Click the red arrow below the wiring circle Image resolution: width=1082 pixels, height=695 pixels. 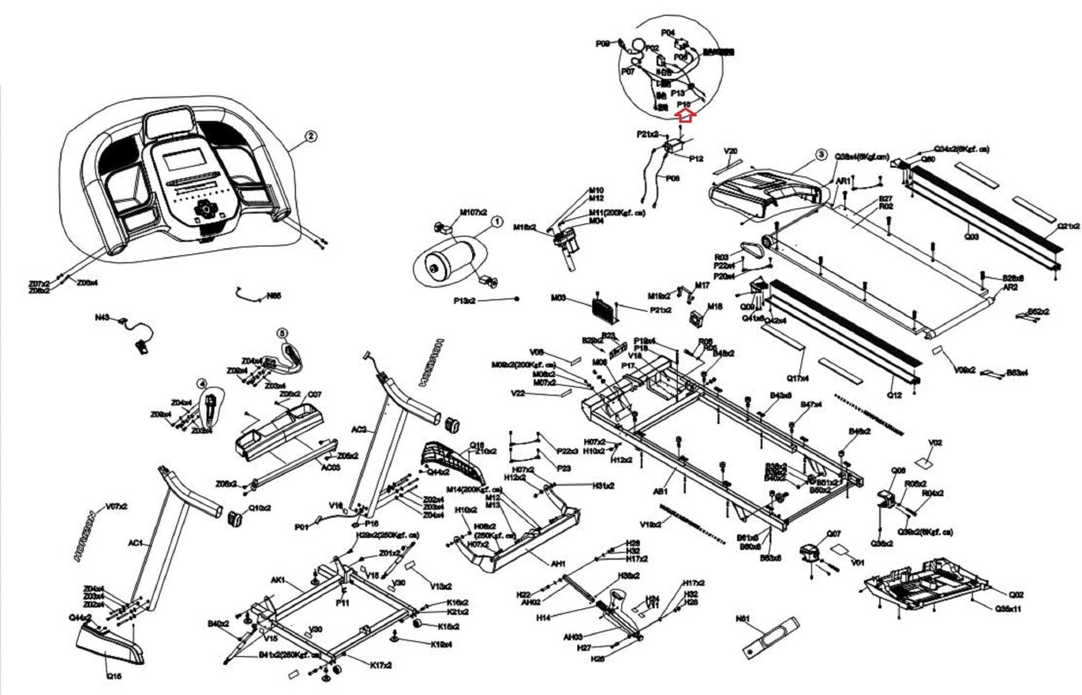point(685,115)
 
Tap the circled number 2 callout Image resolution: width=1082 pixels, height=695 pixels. point(311,136)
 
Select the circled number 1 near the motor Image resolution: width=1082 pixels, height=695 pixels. point(497,223)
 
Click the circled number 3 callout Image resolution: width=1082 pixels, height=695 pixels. point(820,154)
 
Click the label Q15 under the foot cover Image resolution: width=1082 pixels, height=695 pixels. point(114,675)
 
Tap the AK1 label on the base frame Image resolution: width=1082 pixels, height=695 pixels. point(278,580)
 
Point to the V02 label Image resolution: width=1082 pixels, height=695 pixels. point(935,442)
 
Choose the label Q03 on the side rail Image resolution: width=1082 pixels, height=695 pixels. point(972,236)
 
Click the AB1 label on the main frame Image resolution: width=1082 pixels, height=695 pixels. point(660,491)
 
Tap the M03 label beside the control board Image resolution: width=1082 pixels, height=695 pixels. point(558,298)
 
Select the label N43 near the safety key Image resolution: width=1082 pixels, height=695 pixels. point(102,317)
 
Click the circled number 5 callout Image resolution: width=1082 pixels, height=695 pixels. point(283,333)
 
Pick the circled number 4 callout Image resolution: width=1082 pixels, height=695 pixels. point(201,383)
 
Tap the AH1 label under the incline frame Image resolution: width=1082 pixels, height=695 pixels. point(558,564)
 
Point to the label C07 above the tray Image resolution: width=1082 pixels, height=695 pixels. point(314,394)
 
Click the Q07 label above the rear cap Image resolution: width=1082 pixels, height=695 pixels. point(834,534)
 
